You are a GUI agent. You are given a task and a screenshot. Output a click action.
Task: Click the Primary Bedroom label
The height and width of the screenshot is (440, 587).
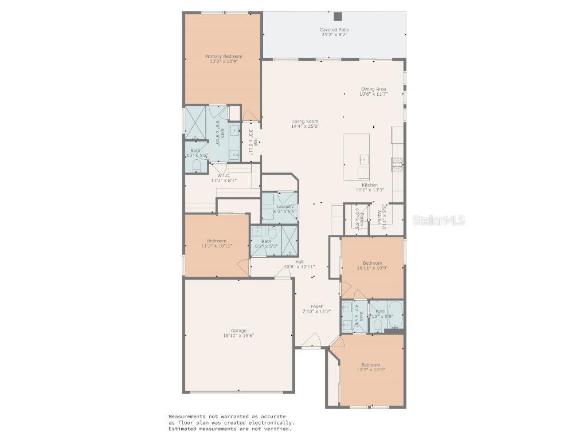224,57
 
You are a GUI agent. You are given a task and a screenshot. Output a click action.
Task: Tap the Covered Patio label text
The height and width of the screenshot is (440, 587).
334,30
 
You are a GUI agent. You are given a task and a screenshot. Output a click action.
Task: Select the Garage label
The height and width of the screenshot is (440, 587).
238,331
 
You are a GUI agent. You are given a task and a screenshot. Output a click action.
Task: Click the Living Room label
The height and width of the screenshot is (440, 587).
305,121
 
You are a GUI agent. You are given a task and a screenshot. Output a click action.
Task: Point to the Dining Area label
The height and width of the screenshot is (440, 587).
373,89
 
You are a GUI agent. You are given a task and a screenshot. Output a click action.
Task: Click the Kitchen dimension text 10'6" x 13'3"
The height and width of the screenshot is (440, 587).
370,190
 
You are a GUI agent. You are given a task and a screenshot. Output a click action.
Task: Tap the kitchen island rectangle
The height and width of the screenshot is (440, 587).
357,157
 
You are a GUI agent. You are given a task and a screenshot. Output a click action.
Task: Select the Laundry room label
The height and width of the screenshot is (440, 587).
285,206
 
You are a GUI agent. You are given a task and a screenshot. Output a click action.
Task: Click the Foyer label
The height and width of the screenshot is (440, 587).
316,307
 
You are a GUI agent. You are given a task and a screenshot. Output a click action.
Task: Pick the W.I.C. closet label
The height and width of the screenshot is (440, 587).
224,175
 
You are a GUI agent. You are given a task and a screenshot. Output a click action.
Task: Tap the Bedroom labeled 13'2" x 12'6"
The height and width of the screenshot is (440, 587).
370,366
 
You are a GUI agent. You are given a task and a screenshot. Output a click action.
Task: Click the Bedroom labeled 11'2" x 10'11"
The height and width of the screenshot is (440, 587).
217,241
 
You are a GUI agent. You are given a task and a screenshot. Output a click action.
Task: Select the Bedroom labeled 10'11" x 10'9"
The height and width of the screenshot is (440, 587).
372,264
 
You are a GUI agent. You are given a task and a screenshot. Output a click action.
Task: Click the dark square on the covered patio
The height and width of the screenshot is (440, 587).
338,17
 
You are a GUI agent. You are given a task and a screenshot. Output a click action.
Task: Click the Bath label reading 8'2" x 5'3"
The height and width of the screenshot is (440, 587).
266,242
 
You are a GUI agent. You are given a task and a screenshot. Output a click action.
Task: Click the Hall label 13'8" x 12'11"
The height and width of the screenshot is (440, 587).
299,262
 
